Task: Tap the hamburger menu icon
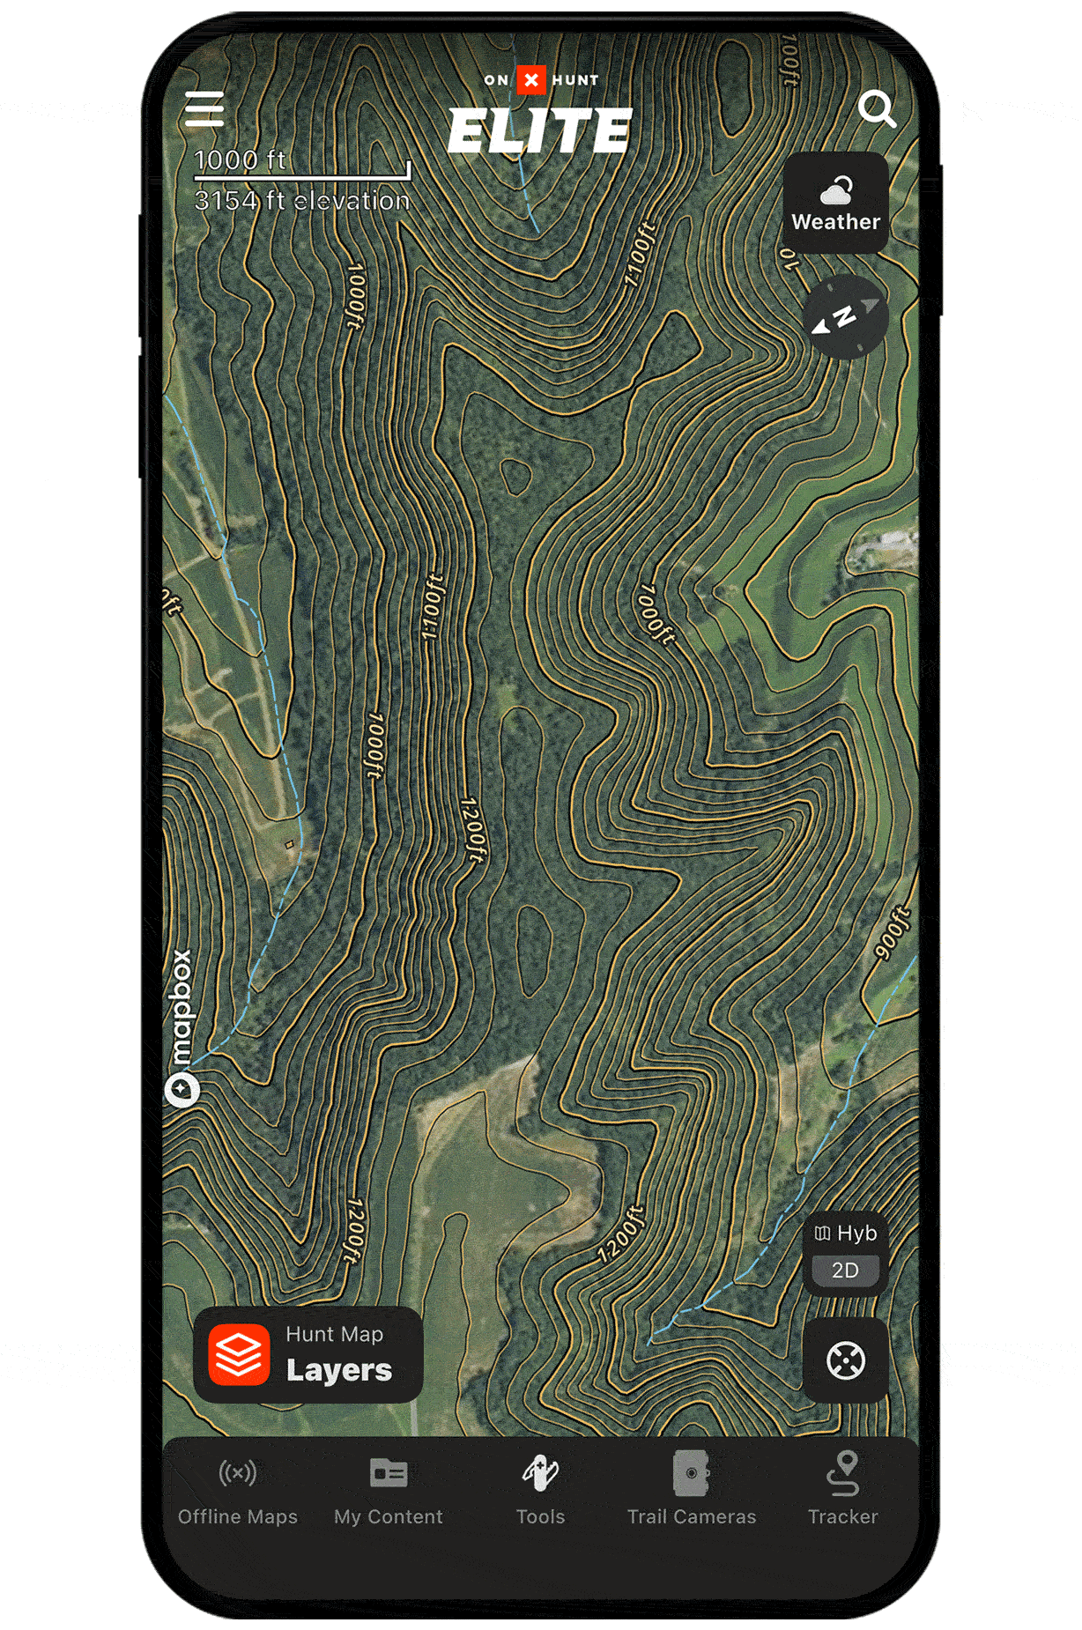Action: click(x=204, y=109)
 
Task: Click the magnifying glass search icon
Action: click(x=877, y=108)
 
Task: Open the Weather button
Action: click(x=835, y=204)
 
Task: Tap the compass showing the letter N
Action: click(x=845, y=317)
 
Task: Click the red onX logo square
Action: click(x=531, y=80)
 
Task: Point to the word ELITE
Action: click(x=540, y=131)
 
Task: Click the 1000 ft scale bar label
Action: click(x=240, y=160)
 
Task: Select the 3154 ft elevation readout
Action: click(x=302, y=201)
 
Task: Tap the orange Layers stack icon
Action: click(x=239, y=1354)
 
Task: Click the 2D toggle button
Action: click(x=845, y=1271)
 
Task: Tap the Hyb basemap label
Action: click(x=846, y=1233)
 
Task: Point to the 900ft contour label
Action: click(x=892, y=932)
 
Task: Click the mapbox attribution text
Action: click(x=181, y=1009)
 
